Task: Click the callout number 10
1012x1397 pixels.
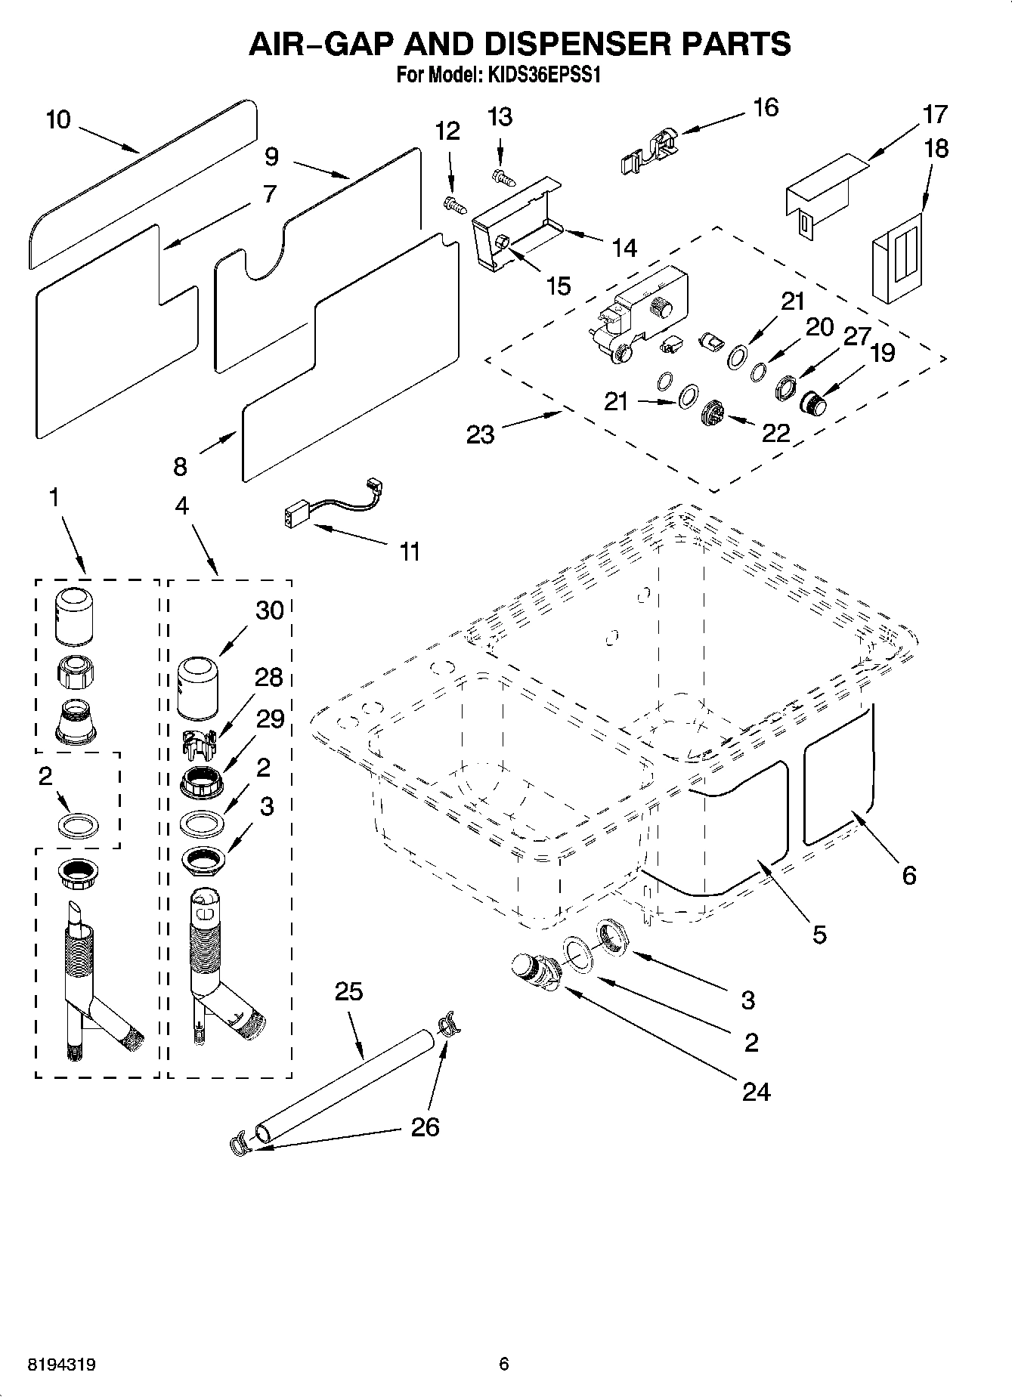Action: [x=57, y=119]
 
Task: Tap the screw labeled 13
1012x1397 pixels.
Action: [x=501, y=176]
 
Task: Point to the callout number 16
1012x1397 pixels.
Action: [x=766, y=107]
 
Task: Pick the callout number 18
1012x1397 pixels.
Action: [x=936, y=148]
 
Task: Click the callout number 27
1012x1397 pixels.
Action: [x=857, y=335]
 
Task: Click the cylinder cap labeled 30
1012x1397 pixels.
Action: [x=201, y=688]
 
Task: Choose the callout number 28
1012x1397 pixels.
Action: [x=269, y=677]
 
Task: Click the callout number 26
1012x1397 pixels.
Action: [x=425, y=1127]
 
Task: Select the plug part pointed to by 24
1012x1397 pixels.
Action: [x=532, y=972]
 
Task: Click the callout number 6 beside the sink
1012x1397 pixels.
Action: [x=908, y=875]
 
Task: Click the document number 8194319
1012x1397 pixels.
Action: [x=61, y=1365]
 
